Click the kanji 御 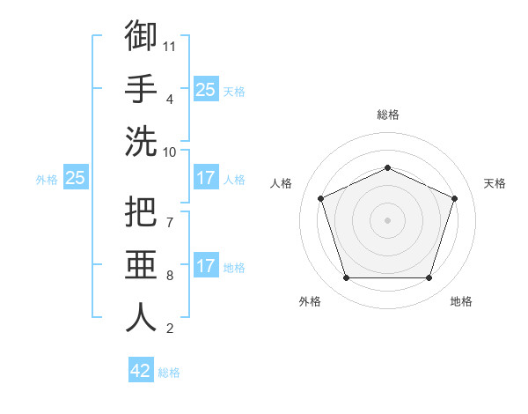pyautogui.click(x=141, y=35)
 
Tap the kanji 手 pyautogui.click(x=141, y=88)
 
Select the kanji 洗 pyautogui.click(x=141, y=141)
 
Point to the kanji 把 pyautogui.click(x=141, y=211)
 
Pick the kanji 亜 pyautogui.click(x=141, y=264)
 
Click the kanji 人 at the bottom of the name pyautogui.click(x=141, y=317)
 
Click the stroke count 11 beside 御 pyautogui.click(x=169, y=47)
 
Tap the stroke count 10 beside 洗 pyautogui.click(x=169, y=152)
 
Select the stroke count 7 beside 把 pyautogui.click(x=170, y=223)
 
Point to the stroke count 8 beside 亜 pyautogui.click(x=170, y=276)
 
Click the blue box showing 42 pyautogui.click(x=141, y=369)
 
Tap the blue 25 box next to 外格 pyautogui.click(x=76, y=177)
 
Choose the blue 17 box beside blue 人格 pyautogui.click(x=207, y=177)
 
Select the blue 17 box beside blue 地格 pyautogui.click(x=207, y=264)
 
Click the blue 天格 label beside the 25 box pyautogui.click(x=234, y=92)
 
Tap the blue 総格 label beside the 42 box pyautogui.click(x=169, y=373)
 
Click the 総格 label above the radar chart pyautogui.click(x=388, y=115)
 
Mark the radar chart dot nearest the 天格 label pyautogui.click(x=454, y=198)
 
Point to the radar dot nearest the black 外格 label pyautogui.click(x=347, y=277)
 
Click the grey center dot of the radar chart pyautogui.click(x=387, y=220)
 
